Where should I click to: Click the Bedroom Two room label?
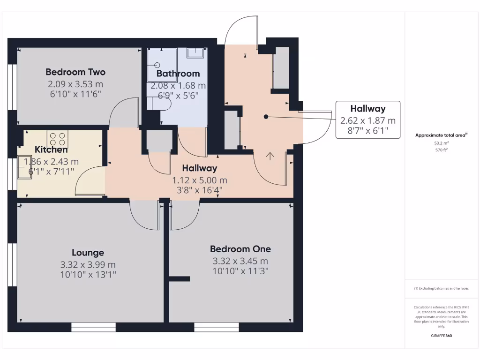coord(75,72)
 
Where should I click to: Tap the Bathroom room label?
coord(178,74)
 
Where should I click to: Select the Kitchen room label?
coord(51,150)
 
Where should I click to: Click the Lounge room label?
coord(88,253)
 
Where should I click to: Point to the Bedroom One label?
coord(240,249)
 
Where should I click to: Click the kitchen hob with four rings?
coord(57,139)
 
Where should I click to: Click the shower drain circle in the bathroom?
coord(157,66)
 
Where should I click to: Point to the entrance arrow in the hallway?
coord(270,157)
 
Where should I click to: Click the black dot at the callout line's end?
coord(266,116)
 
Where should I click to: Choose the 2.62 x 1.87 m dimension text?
coord(368,120)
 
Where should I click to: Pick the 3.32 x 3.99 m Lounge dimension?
coord(88,264)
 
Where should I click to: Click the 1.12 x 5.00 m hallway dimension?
coord(199,180)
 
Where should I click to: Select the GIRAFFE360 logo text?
coord(442,336)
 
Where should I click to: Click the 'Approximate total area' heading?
coord(441,135)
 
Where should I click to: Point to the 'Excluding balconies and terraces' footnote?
coord(441,289)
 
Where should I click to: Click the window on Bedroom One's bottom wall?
coord(217,327)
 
